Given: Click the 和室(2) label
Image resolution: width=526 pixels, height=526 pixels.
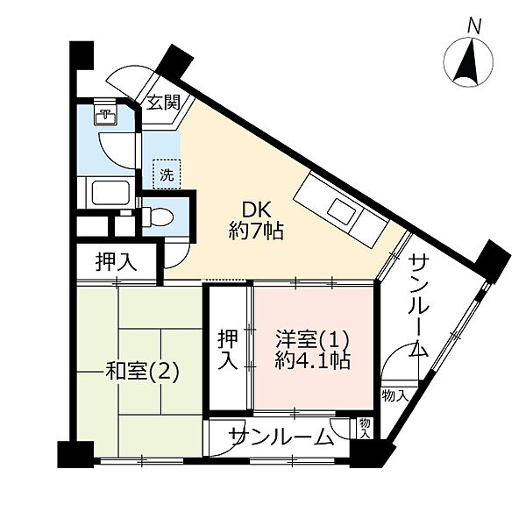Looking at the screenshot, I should tap(142, 371).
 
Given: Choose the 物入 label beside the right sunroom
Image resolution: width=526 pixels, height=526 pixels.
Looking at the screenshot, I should tap(395, 396).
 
